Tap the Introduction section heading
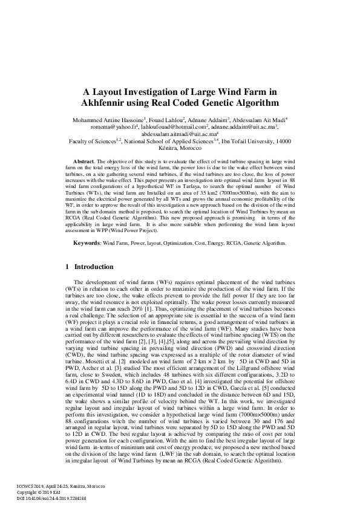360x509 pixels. tap(94, 267)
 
